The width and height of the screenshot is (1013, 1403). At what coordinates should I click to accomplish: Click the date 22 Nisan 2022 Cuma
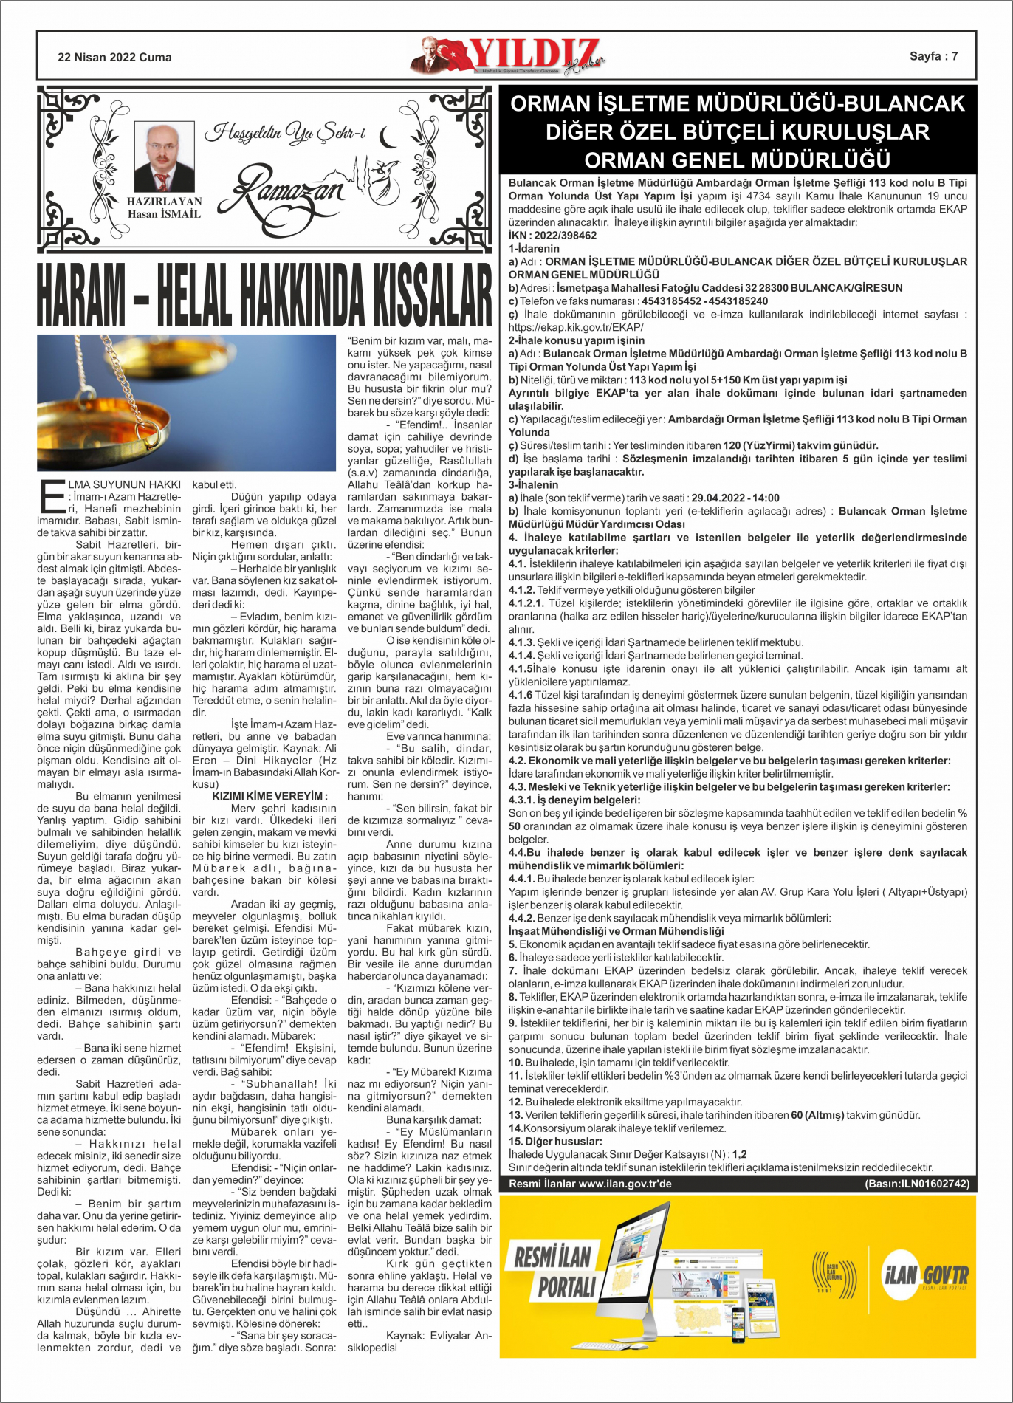pos(114,57)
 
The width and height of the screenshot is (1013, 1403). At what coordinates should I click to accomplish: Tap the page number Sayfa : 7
pos(933,56)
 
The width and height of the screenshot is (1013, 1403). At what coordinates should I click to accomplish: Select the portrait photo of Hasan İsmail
pos(164,157)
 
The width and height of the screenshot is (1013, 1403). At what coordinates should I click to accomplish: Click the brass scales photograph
pos(186,402)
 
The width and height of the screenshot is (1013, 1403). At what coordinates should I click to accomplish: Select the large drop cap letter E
pos(52,495)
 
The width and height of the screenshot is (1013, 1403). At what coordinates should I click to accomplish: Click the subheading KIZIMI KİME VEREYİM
pos(269,796)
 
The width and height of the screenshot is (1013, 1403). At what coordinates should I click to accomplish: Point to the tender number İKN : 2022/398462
pos(552,236)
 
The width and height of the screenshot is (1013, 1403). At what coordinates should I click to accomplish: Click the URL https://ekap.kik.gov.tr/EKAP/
pos(576,327)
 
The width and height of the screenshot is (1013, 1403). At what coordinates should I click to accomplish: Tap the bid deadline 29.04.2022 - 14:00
pos(735,498)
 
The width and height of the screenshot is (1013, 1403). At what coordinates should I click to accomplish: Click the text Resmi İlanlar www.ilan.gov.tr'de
pos(590,1183)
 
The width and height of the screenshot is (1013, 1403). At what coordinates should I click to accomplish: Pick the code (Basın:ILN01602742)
pos(916,1183)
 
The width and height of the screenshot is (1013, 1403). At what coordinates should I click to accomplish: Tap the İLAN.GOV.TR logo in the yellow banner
pos(925,1273)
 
